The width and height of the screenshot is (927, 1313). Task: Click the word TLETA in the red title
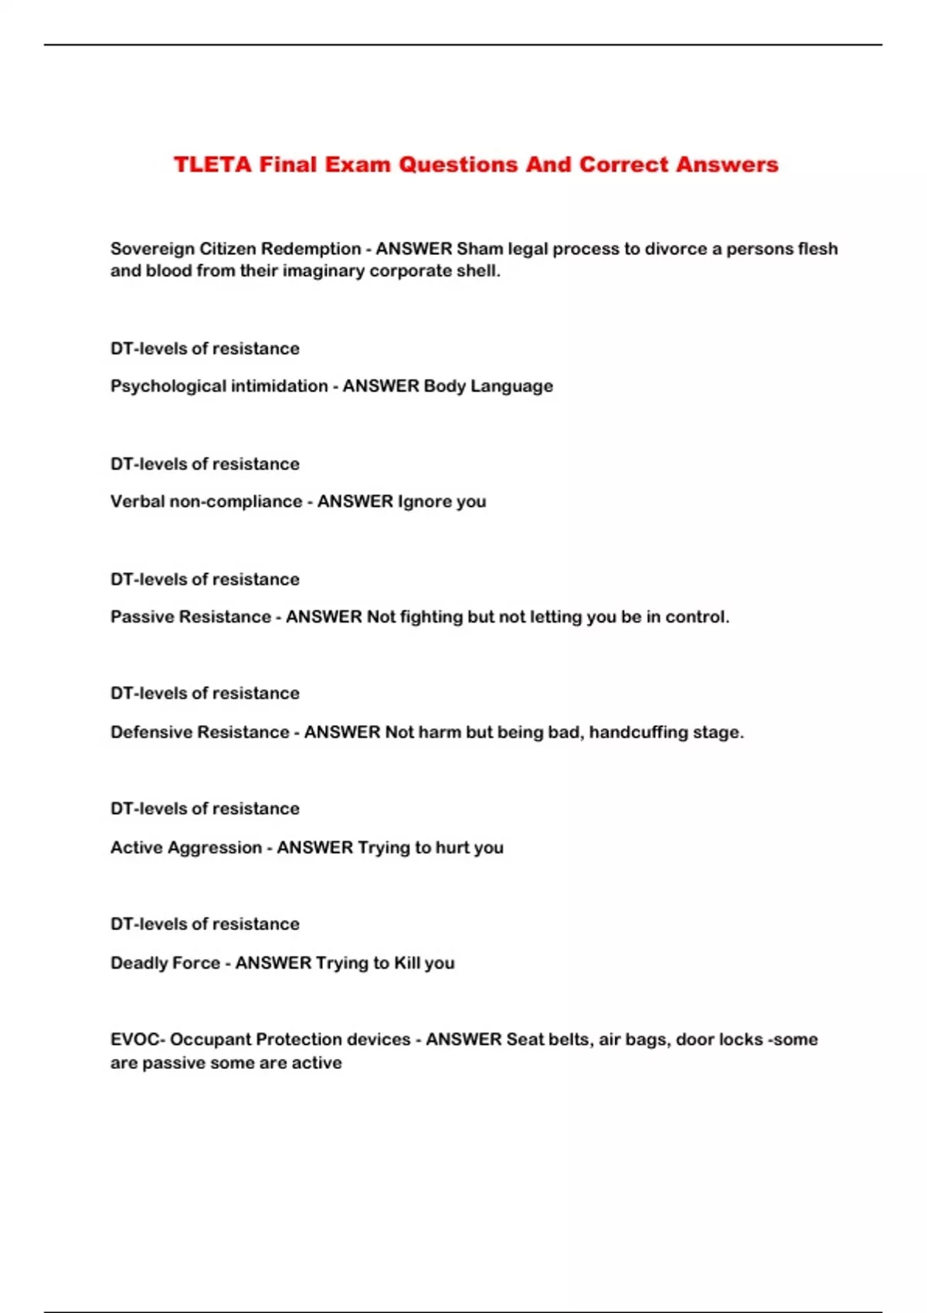pyautogui.click(x=212, y=165)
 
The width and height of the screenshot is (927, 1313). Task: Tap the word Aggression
pyautogui.click(x=215, y=848)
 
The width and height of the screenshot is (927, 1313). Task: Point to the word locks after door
pyautogui.click(x=741, y=1040)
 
